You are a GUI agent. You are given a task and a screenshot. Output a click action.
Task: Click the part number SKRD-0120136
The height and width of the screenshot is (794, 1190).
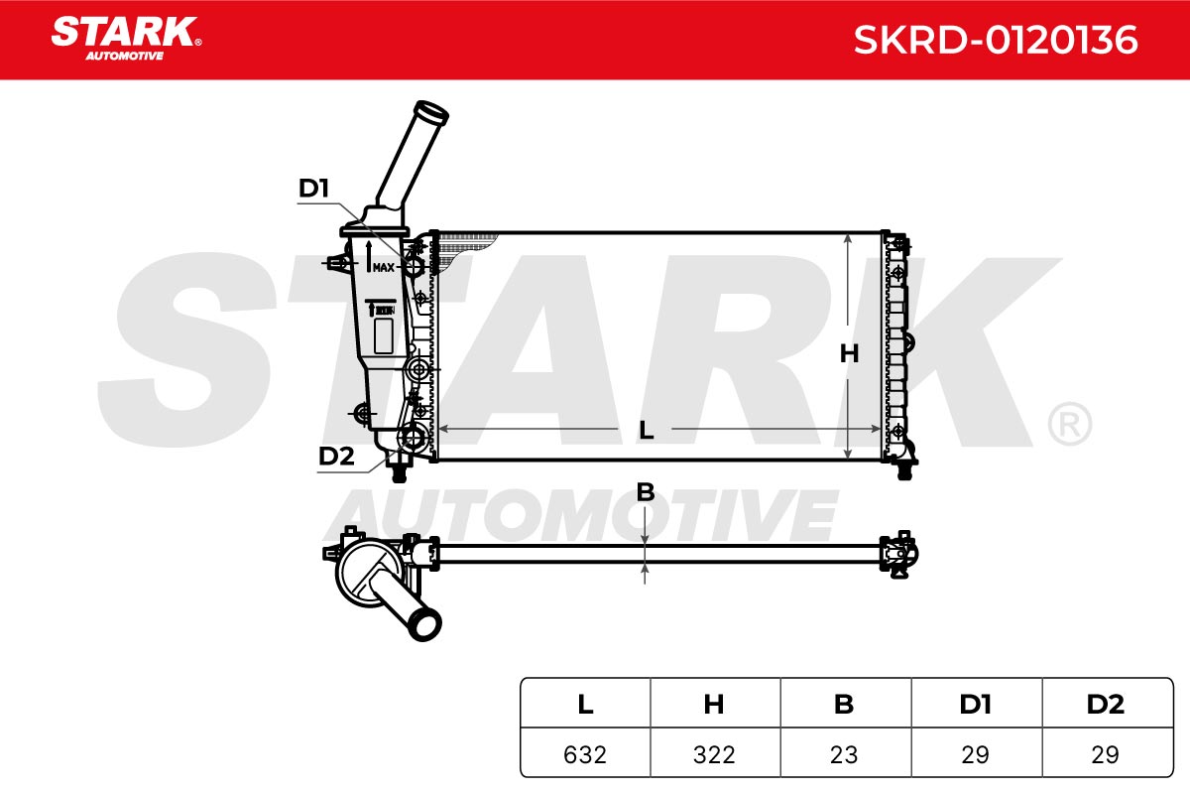click(996, 40)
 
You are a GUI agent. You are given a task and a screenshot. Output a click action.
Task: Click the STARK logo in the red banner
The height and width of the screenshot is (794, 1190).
click(126, 38)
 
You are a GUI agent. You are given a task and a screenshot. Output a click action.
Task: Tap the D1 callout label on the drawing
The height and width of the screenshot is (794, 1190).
click(314, 189)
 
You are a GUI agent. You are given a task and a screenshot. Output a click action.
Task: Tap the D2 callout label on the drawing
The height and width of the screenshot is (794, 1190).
click(336, 456)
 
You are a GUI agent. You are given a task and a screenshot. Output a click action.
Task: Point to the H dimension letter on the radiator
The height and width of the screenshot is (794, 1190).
click(849, 353)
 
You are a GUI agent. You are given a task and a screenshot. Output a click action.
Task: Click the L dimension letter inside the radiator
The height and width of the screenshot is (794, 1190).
click(646, 430)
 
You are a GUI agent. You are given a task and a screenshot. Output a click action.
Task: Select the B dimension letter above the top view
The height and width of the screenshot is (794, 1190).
click(646, 492)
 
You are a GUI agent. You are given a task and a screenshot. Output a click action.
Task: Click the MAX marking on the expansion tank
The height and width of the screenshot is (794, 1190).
click(384, 267)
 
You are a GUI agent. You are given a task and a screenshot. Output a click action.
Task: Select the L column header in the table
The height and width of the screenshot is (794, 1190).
click(585, 705)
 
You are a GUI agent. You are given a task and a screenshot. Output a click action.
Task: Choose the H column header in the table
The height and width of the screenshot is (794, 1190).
click(713, 705)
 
